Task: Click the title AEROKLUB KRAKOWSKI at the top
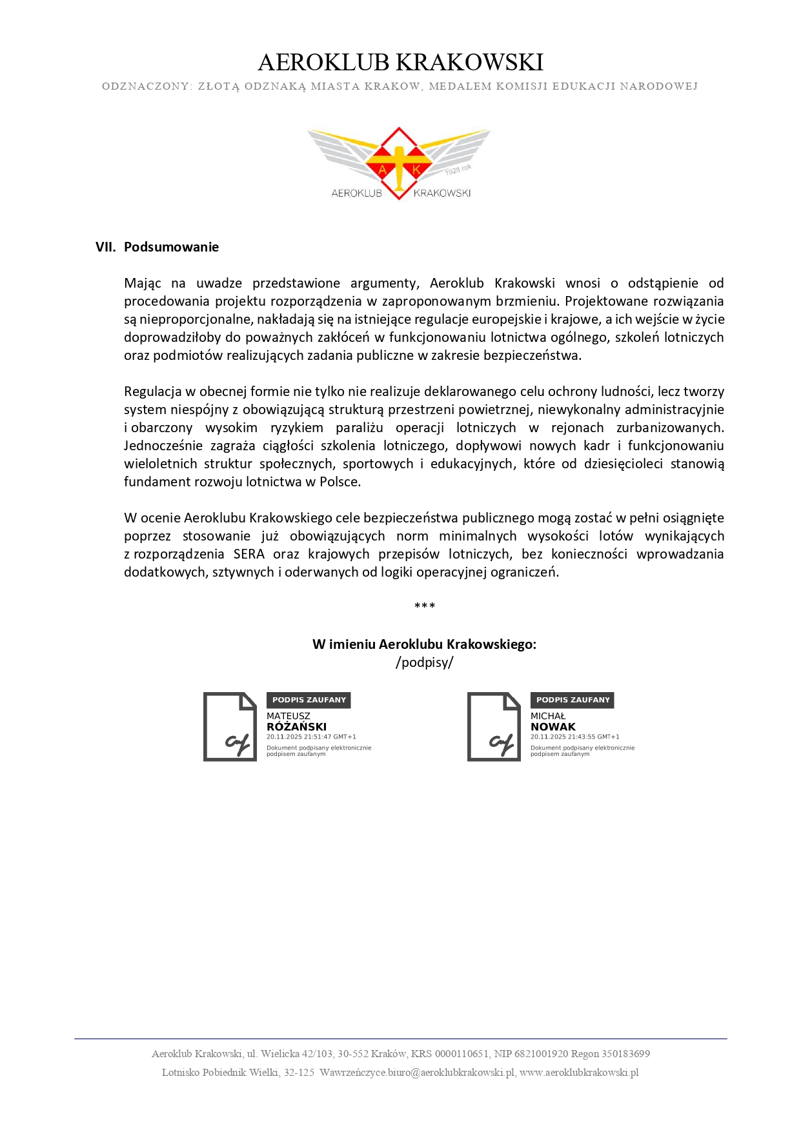pos(400,63)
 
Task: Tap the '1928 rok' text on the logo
pos(458,170)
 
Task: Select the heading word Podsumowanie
pos(171,247)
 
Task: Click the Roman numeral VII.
pos(105,247)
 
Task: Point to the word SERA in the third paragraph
pos(248,554)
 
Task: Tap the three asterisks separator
pos(425,606)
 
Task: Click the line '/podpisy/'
pos(425,662)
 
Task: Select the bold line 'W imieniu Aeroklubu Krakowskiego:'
pos(425,644)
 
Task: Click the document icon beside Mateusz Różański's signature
pos(230,727)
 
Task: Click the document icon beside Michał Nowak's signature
pos(494,727)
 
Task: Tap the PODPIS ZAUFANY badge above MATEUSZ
pos(309,700)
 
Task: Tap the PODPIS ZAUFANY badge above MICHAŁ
pos(573,700)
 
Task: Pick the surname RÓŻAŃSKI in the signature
pos(296,727)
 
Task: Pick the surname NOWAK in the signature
pos(553,727)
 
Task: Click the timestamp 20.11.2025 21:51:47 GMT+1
pos(311,737)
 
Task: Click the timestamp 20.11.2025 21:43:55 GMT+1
pos(574,737)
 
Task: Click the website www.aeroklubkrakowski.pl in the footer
pos(579,1073)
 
